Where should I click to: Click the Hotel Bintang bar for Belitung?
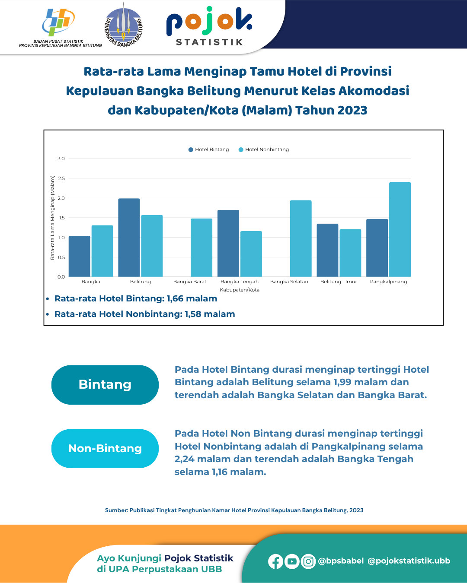(x=129, y=238)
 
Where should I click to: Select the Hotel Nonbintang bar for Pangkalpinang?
(x=400, y=229)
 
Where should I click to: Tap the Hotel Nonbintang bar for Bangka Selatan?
(x=301, y=238)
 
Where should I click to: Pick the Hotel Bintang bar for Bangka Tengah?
(x=228, y=243)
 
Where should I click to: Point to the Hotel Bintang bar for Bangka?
(x=80, y=256)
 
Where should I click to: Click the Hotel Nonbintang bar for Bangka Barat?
(x=202, y=247)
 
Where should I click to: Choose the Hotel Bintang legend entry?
(x=209, y=149)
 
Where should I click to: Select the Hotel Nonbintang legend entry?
(x=264, y=149)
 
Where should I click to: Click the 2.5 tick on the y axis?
(x=61, y=178)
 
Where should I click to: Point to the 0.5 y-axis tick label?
(x=61, y=257)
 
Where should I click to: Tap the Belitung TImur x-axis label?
(x=339, y=282)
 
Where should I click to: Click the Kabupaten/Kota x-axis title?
(x=240, y=290)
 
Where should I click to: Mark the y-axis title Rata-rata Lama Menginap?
(x=53, y=217)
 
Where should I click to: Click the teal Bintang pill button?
(x=105, y=385)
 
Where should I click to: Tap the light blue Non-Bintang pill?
(x=105, y=448)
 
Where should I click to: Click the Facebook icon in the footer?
(x=275, y=561)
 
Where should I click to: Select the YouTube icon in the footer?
(x=292, y=561)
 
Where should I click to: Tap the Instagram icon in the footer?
(x=308, y=561)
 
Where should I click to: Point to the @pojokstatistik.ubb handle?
(x=409, y=561)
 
